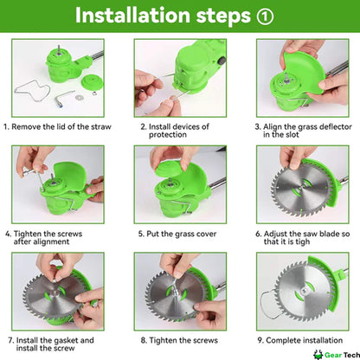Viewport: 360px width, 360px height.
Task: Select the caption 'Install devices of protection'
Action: tap(180, 130)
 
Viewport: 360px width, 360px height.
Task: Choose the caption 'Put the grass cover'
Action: tap(180, 233)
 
